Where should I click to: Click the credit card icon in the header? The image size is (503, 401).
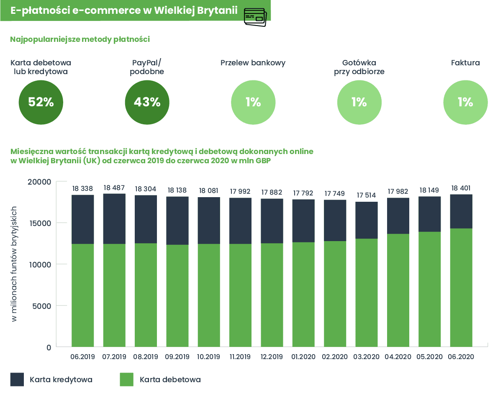[255, 17]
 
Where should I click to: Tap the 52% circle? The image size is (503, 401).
[41, 103]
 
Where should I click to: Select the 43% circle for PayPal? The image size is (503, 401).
[147, 103]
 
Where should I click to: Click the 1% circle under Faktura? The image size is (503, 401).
[465, 103]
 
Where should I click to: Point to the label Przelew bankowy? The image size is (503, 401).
[253, 63]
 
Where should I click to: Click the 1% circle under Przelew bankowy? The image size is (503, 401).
[253, 103]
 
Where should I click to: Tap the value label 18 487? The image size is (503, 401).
[114, 188]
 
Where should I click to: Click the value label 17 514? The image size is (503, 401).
[366, 195]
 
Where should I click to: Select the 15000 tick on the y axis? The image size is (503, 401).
[40, 223]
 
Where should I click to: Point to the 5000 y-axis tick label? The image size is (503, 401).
[41, 306]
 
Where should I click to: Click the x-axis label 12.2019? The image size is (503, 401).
[272, 357]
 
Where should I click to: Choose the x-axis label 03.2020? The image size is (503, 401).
[366, 357]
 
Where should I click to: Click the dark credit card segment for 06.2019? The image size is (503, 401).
[83, 220]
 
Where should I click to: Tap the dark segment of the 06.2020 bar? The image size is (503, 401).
[461, 211]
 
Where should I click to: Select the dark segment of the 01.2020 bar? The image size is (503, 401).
[303, 221]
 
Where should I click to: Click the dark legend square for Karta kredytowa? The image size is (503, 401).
[17, 380]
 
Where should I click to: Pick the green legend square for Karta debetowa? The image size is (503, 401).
[127, 380]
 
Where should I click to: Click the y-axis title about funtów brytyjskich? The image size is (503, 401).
[14, 264]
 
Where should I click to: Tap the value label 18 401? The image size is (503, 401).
[461, 188]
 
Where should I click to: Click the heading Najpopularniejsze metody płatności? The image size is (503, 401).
[80, 39]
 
